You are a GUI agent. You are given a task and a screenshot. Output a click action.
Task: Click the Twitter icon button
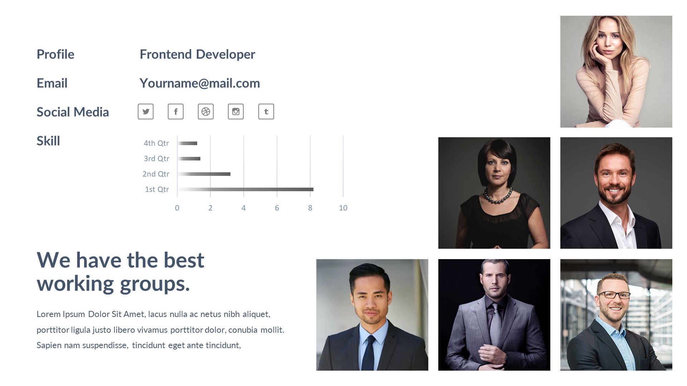146,112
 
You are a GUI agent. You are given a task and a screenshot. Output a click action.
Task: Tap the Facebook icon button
176,112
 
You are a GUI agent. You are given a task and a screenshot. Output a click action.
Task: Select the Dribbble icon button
206,112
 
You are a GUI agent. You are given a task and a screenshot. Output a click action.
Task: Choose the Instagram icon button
236,112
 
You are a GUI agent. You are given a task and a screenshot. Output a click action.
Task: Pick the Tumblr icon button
266,112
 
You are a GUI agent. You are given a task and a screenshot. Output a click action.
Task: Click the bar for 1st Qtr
245,189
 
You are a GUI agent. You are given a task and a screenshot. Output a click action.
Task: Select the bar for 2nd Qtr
204,174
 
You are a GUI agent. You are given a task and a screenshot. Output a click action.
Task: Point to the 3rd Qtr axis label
156,158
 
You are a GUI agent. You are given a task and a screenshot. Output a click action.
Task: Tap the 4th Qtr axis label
156,143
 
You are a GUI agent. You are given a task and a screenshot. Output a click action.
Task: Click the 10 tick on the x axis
343,208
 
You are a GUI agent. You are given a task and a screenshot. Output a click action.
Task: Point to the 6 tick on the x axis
277,208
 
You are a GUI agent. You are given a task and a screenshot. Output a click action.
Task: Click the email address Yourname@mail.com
200,83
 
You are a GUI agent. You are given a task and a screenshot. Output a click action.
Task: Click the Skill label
48,141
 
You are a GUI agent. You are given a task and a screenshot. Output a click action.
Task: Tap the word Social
53,112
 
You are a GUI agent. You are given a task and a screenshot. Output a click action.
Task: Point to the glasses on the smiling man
614,295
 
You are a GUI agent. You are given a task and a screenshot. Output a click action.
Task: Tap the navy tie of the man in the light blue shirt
368,354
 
